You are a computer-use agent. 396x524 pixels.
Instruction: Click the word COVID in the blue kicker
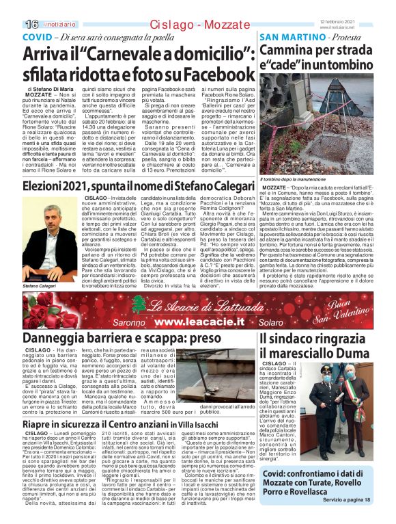tap(40, 37)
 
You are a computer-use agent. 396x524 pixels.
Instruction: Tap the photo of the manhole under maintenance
tap(325, 124)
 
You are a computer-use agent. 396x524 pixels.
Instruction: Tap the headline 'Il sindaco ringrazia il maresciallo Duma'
tap(317, 345)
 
